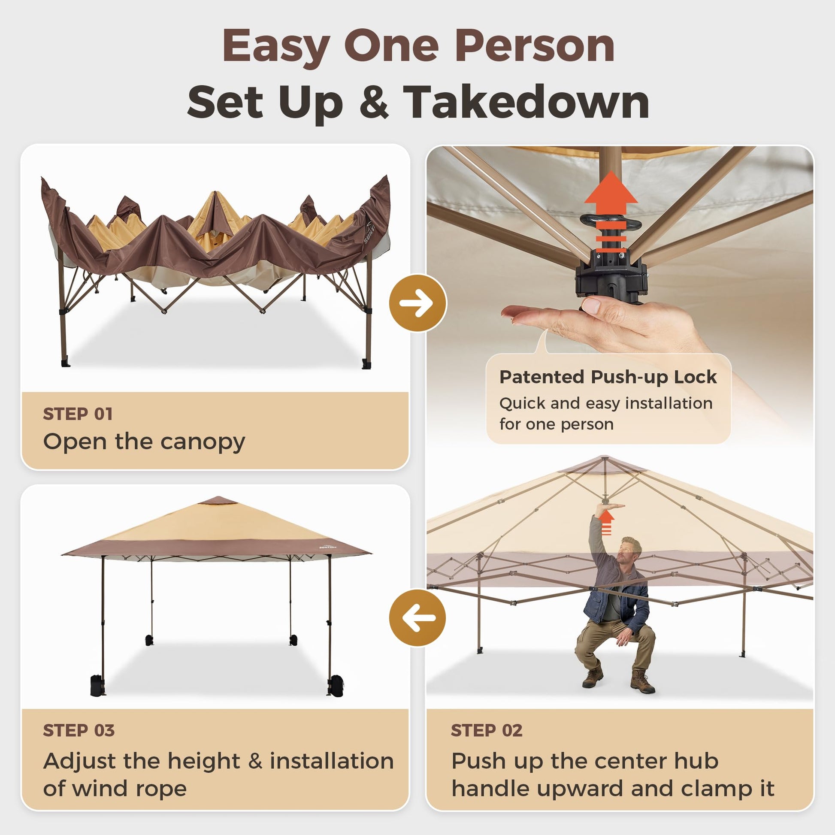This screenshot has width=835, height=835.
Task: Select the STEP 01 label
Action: [78, 414]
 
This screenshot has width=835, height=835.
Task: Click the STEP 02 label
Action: [487, 730]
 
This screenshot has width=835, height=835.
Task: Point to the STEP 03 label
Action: [79, 730]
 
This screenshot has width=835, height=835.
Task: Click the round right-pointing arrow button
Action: [417, 303]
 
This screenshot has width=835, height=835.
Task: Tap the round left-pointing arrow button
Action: [417, 617]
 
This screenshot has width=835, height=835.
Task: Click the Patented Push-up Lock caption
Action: [608, 377]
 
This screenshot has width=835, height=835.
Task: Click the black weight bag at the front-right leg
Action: [336, 685]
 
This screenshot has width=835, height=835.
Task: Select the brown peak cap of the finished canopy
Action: [218, 500]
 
